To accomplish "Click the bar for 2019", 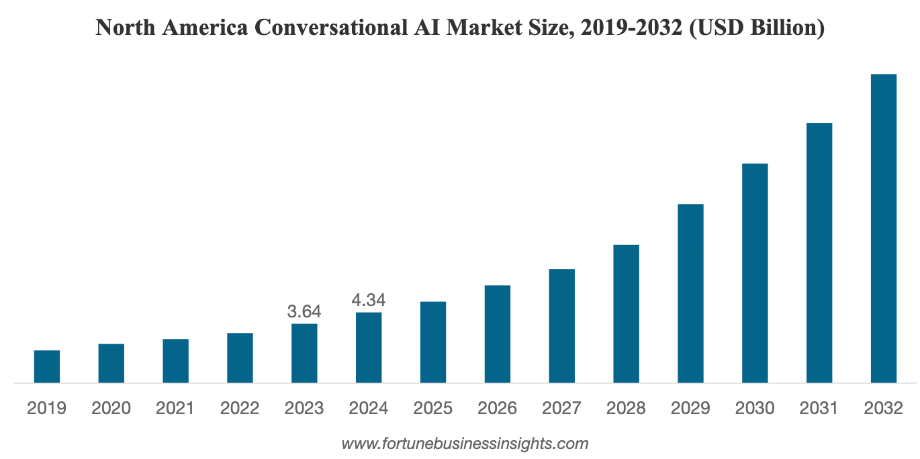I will (47, 366).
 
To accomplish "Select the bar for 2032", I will (883, 228).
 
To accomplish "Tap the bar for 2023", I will (304, 353).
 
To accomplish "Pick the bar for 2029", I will (690, 293).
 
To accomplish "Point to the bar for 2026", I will (498, 334).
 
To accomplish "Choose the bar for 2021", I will (175, 361).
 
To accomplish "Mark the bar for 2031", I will (819, 253).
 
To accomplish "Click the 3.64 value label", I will (304, 312).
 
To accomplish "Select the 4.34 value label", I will (369, 300).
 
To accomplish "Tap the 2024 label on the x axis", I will (369, 408).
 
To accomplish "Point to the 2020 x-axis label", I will (111, 408).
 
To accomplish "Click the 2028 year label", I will (626, 408).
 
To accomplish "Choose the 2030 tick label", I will (755, 408).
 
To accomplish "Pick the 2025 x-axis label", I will (433, 408).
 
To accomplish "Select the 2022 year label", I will (240, 408).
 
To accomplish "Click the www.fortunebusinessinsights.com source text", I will (465, 444).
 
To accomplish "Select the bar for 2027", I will (561, 326).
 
